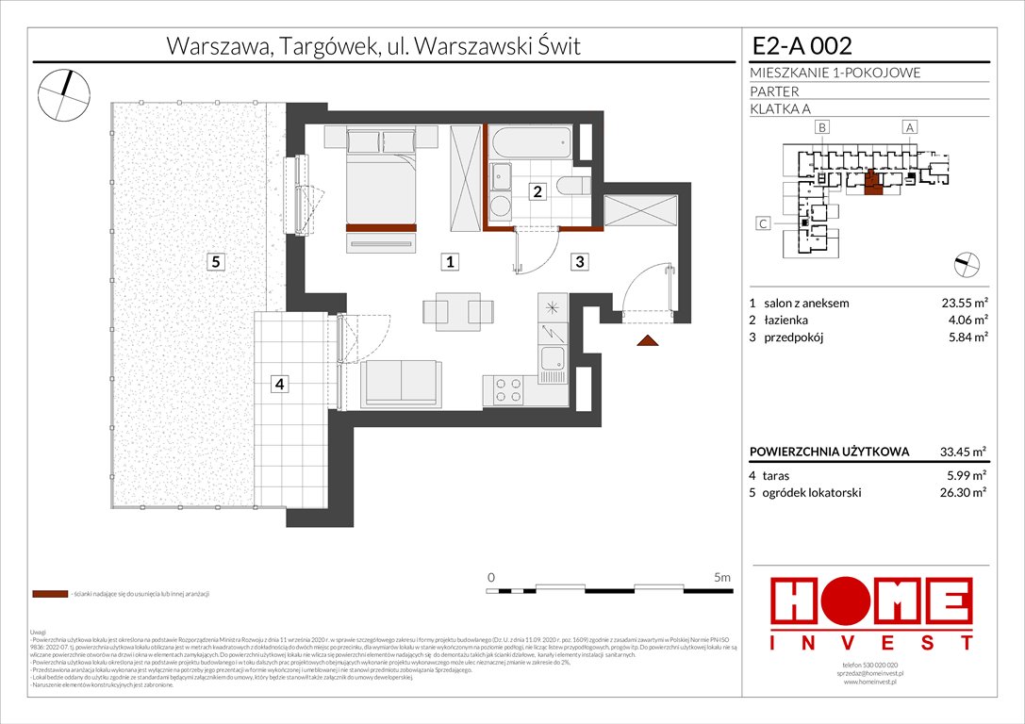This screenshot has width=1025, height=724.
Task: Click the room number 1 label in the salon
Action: [x=452, y=263]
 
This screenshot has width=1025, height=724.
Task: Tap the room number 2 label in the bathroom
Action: [x=537, y=192]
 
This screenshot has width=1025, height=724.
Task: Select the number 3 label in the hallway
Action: [x=581, y=263]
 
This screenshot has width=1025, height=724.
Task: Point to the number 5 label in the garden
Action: [x=216, y=263]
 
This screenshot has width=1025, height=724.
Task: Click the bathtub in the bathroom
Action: [x=530, y=145]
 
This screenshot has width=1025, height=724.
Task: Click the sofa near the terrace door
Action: [x=401, y=384]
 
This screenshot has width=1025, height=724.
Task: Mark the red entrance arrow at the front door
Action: [x=647, y=340]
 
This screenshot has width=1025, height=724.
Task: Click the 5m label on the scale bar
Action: [x=723, y=576]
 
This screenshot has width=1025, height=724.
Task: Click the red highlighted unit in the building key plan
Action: [x=873, y=183]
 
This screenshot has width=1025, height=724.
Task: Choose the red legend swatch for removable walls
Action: [x=49, y=595]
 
